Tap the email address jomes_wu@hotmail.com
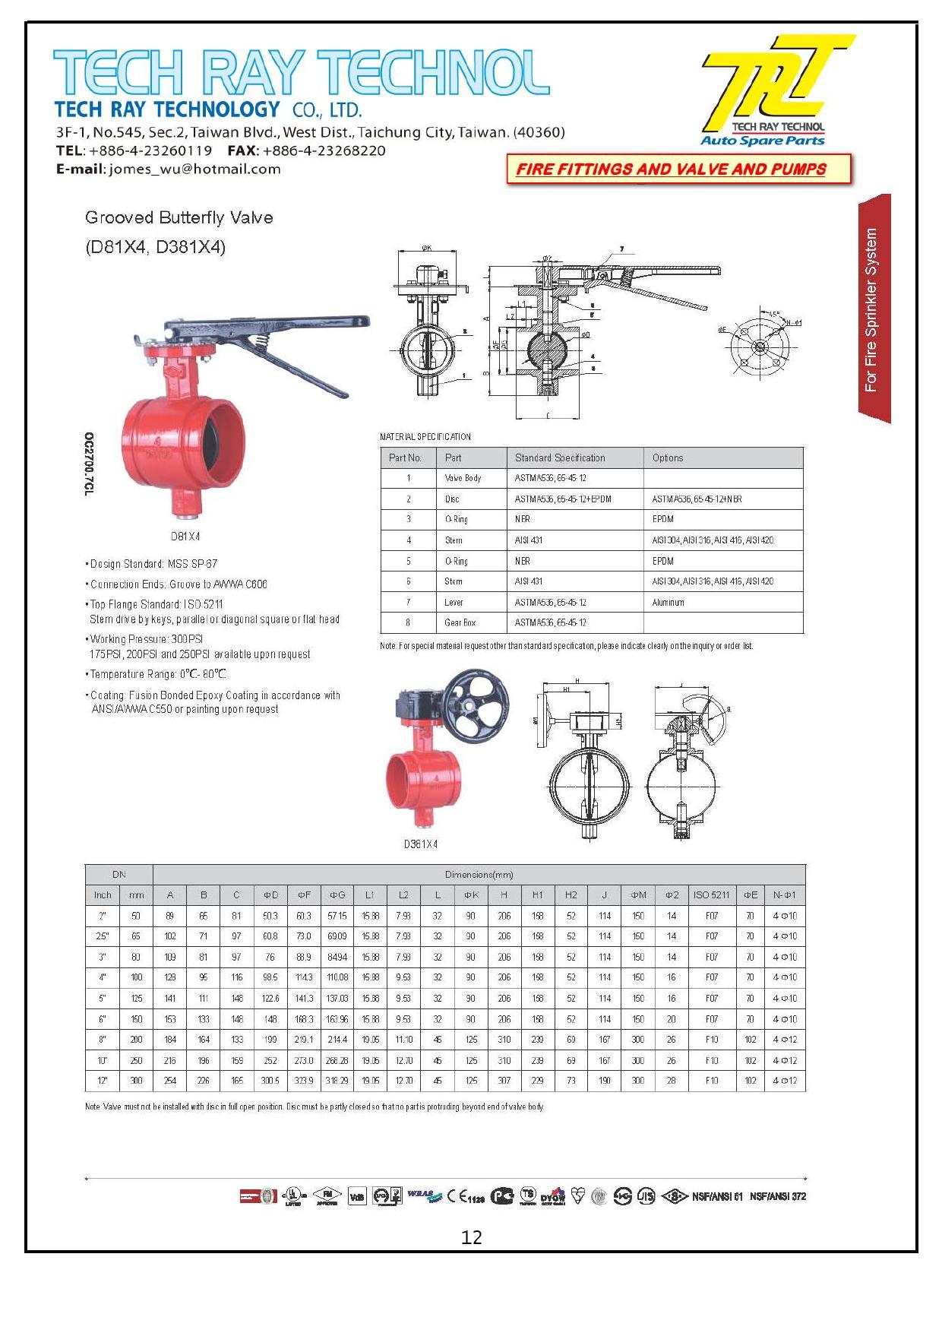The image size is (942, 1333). click(194, 169)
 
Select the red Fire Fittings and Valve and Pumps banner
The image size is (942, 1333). click(672, 169)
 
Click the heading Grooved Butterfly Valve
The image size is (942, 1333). click(179, 218)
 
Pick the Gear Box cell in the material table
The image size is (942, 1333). click(460, 622)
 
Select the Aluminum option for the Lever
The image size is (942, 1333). click(668, 602)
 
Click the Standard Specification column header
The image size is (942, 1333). click(560, 458)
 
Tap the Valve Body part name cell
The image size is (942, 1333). click(463, 478)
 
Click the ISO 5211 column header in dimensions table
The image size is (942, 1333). click(711, 895)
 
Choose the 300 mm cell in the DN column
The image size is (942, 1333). click(136, 1081)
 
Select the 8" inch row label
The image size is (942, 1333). click(103, 1040)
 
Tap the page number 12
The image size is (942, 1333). click(471, 1237)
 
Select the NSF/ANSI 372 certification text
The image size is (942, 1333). click(778, 1196)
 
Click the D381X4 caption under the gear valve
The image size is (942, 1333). click(421, 844)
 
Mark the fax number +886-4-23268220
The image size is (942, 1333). click(324, 150)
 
